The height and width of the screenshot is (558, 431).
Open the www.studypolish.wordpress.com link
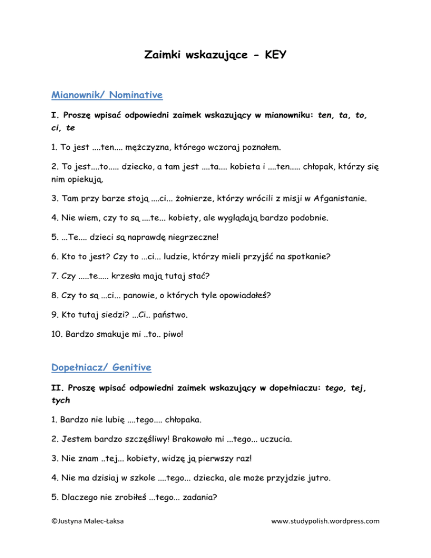[x=325, y=538]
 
